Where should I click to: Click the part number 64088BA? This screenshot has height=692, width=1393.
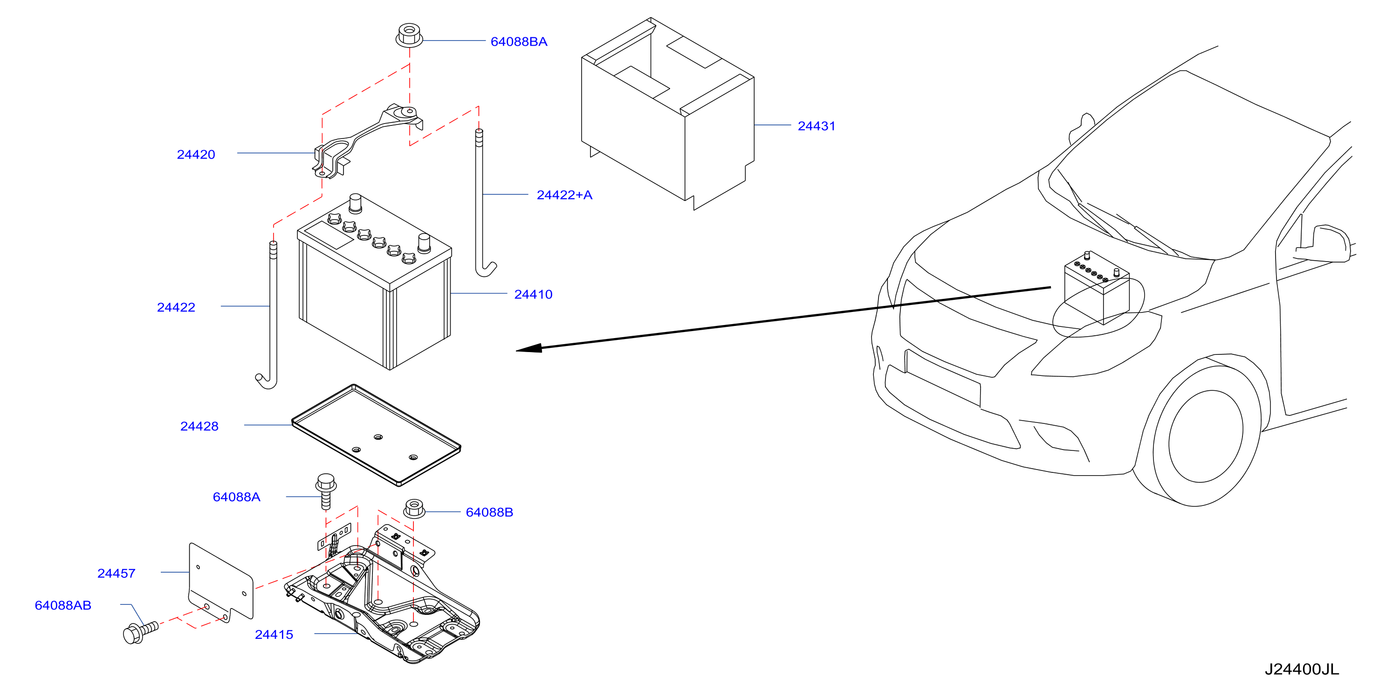click(519, 42)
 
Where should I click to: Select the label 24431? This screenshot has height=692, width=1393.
click(816, 126)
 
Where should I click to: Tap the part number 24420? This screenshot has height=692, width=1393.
click(196, 155)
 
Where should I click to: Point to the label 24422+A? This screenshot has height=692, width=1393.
click(564, 195)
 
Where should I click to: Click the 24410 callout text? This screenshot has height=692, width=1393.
click(533, 294)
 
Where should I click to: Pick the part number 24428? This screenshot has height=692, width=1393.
click(199, 426)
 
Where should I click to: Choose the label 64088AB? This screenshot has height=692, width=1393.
click(63, 605)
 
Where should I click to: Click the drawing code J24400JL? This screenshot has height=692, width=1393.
click(1302, 669)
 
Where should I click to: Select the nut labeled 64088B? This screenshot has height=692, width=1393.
click(414, 509)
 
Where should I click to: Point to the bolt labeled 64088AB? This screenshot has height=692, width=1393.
click(141, 632)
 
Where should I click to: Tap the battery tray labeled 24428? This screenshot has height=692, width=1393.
click(377, 435)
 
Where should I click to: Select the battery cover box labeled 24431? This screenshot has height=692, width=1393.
click(667, 114)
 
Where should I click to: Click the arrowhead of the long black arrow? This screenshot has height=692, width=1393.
click(529, 348)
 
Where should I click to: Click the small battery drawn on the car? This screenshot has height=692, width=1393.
click(1097, 287)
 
